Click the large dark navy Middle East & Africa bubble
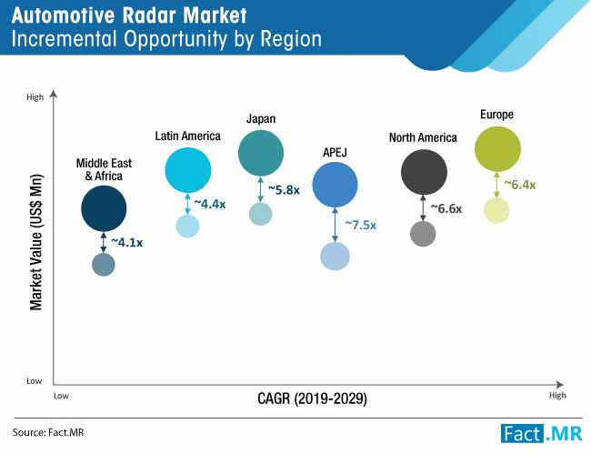(x=104, y=208)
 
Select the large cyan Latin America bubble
(x=187, y=170)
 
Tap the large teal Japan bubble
(x=261, y=154)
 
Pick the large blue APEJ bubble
(x=336, y=185)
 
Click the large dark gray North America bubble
(x=424, y=172)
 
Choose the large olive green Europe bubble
(x=497, y=149)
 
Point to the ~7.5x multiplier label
(x=361, y=225)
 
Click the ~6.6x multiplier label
(x=446, y=208)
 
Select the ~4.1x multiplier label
(x=127, y=242)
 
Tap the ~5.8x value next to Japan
(x=284, y=189)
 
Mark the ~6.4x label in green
(x=520, y=185)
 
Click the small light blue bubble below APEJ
(x=336, y=257)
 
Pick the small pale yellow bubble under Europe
(x=496, y=210)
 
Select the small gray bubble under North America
(x=423, y=234)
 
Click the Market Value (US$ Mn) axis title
(x=36, y=242)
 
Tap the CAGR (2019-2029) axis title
(x=312, y=399)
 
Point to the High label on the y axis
(x=35, y=97)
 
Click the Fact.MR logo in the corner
(x=541, y=433)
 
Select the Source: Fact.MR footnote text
(x=48, y=432)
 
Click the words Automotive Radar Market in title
(x=129, y=15)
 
